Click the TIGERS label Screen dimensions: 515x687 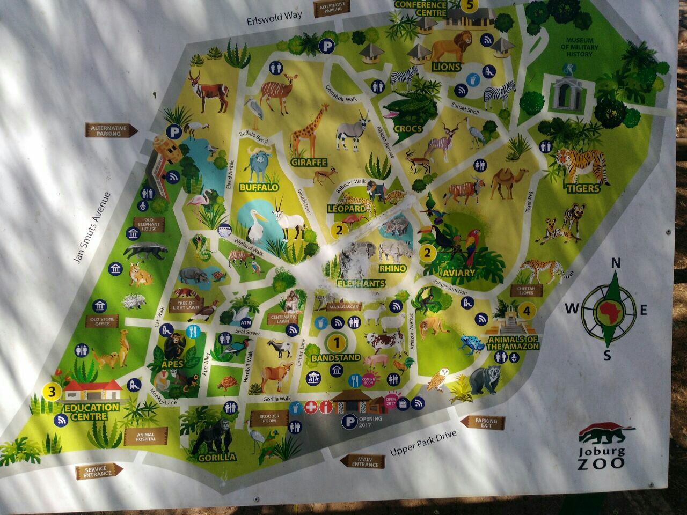pos(583,188)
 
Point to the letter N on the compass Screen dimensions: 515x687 pos(616,263)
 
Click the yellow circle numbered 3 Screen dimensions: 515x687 pos(52,392)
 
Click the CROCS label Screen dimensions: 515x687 pos(408,129)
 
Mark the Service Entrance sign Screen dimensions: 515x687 pos(99,472)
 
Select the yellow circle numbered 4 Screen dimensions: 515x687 pos(527,310)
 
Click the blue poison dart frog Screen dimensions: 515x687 pos(471,343)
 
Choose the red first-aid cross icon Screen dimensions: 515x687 pos(311,407)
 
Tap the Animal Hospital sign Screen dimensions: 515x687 pos(145,437)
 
